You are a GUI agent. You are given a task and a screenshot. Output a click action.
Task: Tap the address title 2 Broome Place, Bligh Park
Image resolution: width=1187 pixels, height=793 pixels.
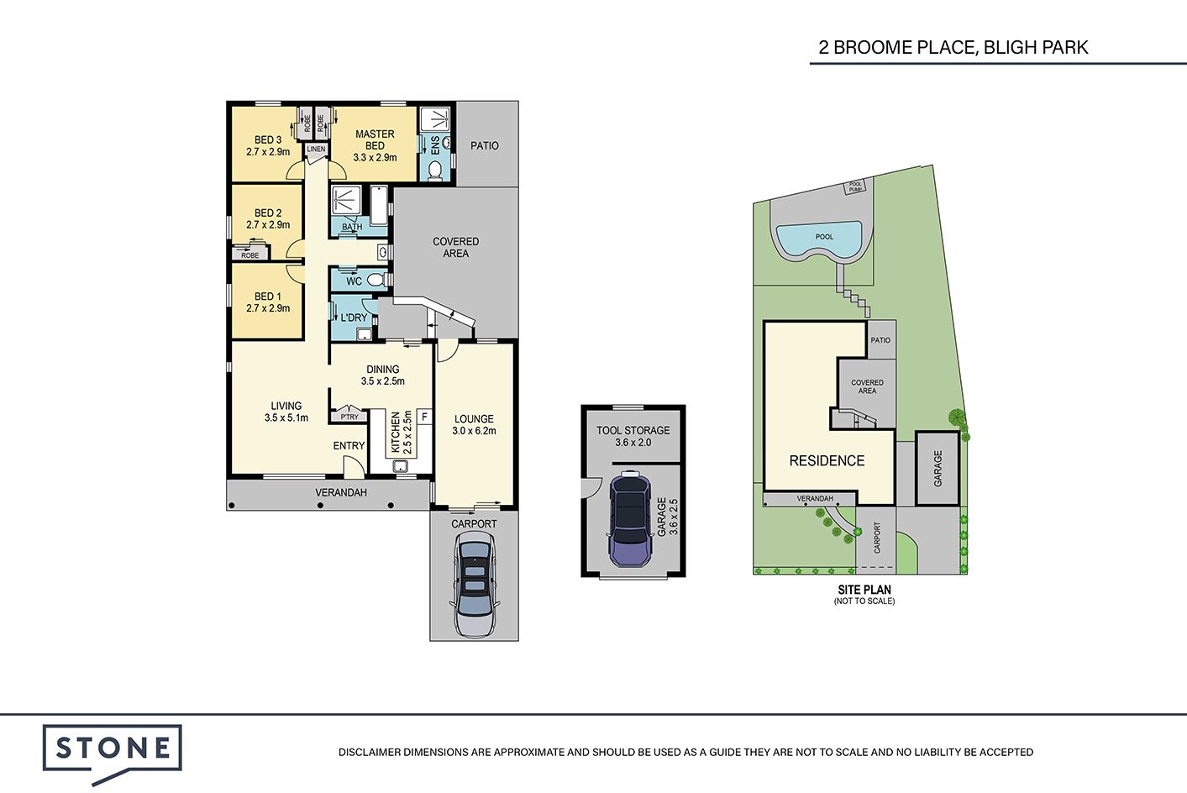coord(953,47)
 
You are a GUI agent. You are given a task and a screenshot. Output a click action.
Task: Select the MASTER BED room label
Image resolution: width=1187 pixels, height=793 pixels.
coord(375,139)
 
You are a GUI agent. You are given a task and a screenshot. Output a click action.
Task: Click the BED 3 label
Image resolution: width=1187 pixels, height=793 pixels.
coord(268,139)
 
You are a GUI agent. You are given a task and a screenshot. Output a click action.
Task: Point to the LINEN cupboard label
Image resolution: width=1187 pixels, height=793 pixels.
coord(317,149)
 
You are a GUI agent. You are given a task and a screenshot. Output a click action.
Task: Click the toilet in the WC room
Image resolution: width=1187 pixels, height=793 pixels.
coord(377,279)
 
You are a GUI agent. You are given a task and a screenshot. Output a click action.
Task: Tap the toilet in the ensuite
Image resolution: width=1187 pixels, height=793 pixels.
coord(435,170)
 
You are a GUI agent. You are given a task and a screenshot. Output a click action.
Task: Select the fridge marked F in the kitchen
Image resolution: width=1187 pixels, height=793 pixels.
coord(425,417)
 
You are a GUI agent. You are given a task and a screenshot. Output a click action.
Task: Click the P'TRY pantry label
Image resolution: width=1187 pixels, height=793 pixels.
coord(349,417)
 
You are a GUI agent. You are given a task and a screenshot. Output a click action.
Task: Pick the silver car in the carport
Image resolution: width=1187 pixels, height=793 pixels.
coord(474,585)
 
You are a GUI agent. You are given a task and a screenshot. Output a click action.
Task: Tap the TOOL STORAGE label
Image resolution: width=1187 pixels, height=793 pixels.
coord(633,430)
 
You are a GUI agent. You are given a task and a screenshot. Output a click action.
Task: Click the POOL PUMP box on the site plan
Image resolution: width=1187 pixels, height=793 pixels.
coord(855,186)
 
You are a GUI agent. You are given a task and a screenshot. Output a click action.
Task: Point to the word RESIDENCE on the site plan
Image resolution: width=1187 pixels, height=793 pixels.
coord(827,461)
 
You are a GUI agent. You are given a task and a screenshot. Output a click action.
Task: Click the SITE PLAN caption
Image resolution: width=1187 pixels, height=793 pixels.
coord(864,590)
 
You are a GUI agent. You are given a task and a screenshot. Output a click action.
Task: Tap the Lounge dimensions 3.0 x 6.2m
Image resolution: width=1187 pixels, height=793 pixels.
coord(474,431)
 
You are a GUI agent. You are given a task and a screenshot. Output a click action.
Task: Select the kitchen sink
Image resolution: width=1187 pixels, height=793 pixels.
coord(400,466)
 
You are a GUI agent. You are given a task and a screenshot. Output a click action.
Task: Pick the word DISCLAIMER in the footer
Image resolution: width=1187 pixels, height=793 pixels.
coord(370,752)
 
